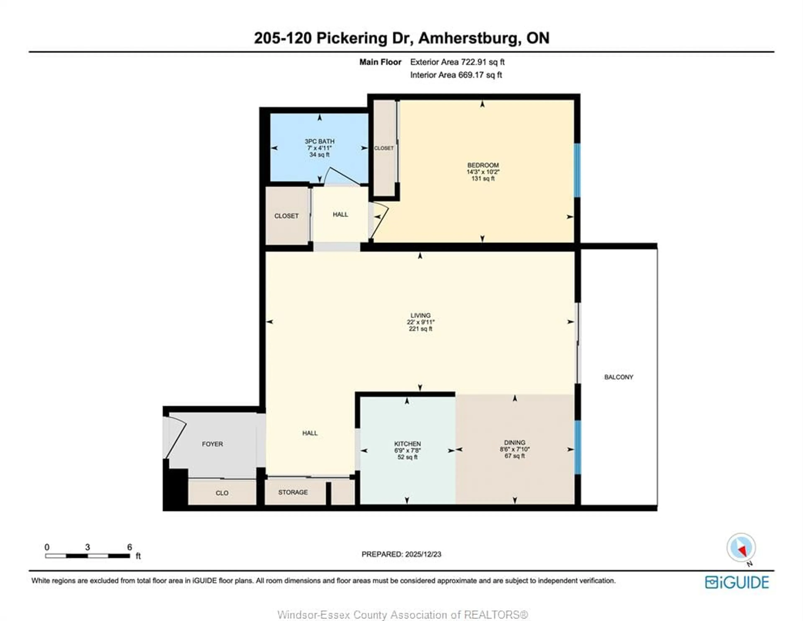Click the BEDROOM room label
(x=483, y=165)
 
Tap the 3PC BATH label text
(x=319, y=141)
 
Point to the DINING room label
(x=514, y=442)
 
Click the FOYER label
(x=212, y=444)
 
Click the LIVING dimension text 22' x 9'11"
(x=420, y=322)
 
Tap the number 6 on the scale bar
(x=129, y=547)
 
